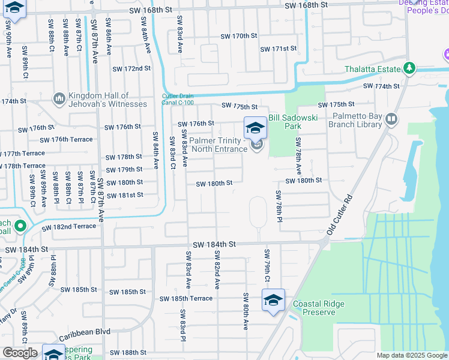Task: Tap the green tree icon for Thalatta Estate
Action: pos(410,69)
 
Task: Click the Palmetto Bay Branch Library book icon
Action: pos(391,119)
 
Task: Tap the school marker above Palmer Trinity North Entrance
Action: pos(255,128)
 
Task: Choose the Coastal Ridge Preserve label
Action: pos(318,308)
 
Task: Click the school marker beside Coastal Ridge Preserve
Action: pos(273,300)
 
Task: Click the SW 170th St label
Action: pos(238,36)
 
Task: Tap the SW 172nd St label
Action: pos(131,68)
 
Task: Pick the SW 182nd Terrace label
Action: pos(68,227)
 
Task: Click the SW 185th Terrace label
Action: pos(185,298)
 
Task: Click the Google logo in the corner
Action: pos(19,353)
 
